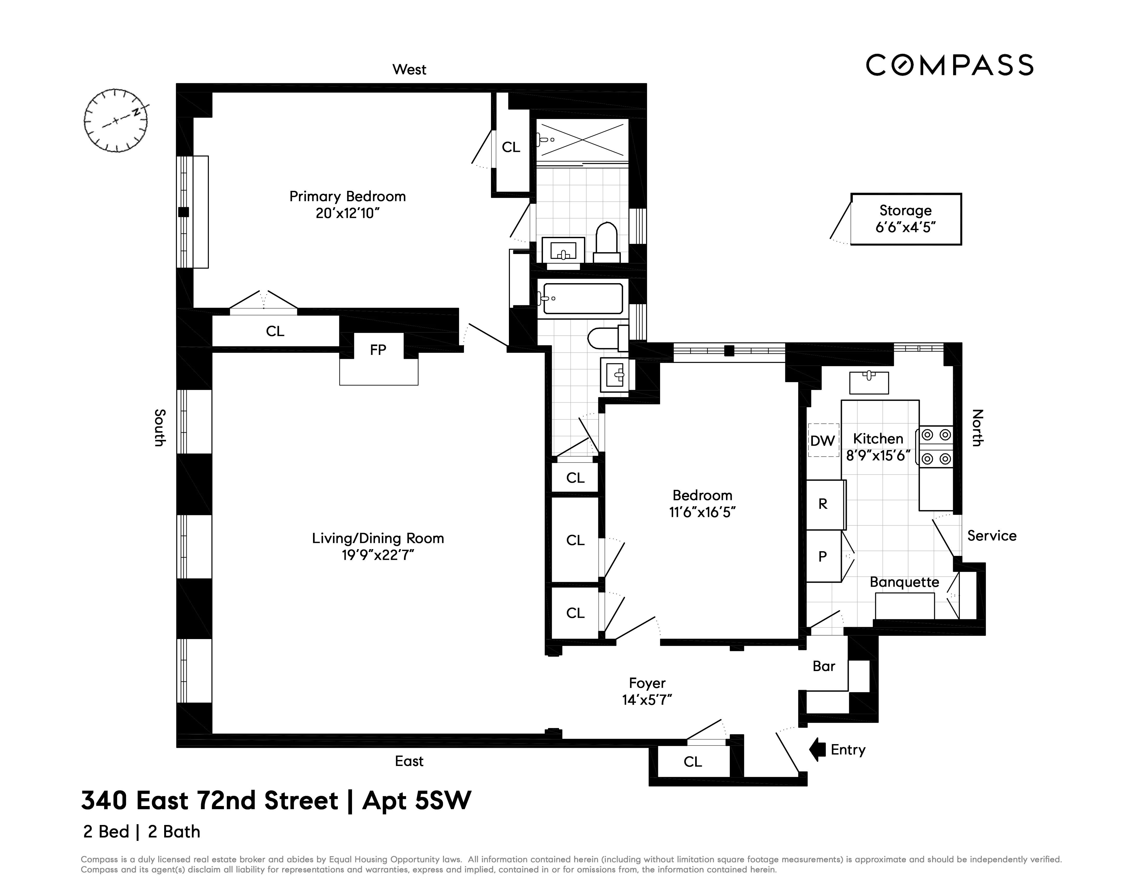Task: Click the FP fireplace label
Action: (378, 350)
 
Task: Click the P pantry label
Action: (823, 557)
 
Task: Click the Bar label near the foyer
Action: (824, 666)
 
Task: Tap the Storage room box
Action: (905, 219)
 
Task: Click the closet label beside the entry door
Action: (692, 762)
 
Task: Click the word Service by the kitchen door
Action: (991, 536)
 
